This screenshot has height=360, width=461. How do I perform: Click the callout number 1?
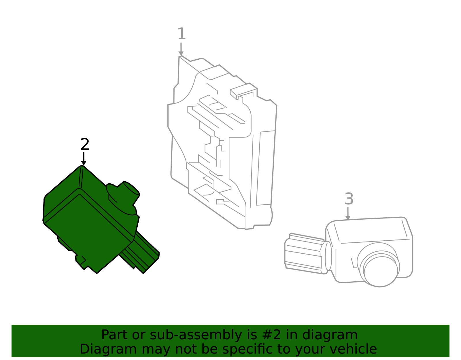click(x=182, y=34)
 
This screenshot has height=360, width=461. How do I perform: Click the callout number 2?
click(x=85, y=144)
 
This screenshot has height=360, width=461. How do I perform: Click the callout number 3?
click(x=349, y=199)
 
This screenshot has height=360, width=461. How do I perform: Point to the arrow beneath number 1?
click(x=181, y=49)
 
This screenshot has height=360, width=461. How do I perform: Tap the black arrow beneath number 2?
click(x=84, y=159)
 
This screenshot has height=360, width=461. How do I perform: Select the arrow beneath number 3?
click(x=348, y=214)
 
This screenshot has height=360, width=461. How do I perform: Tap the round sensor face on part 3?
click(x=381, y=272)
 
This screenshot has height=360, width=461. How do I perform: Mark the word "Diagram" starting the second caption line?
click(x=108, y=350)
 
